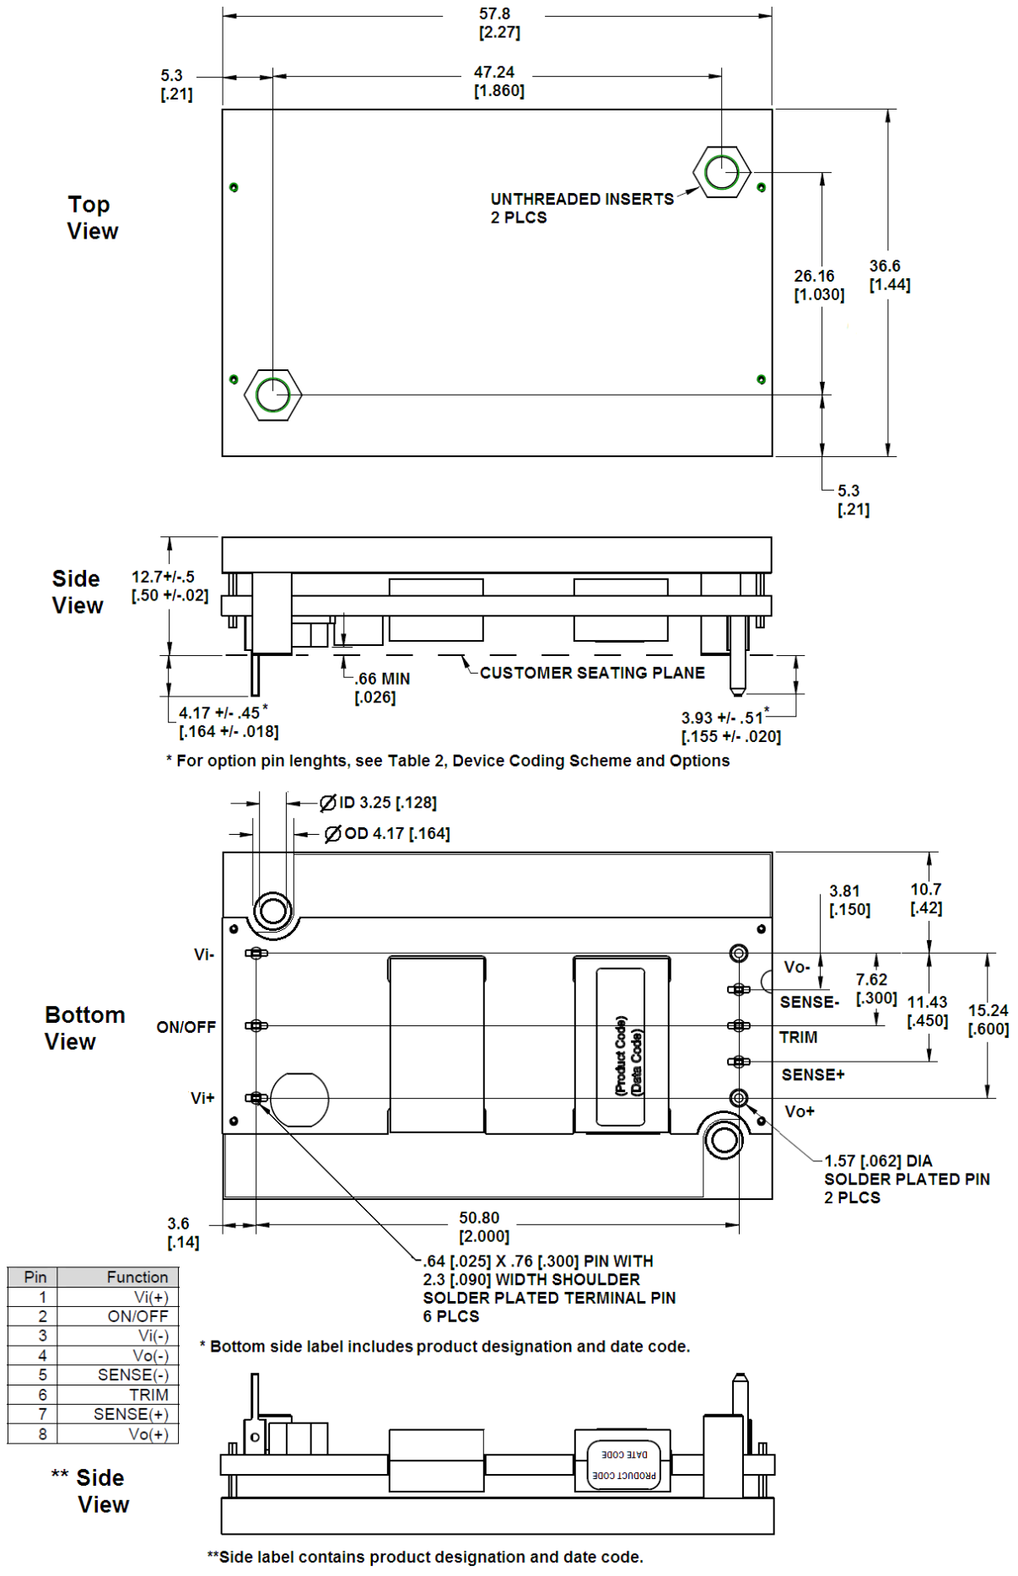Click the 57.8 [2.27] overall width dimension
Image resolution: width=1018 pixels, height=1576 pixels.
pos(498,23)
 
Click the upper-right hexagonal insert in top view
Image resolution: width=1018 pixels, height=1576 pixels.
pos(722,172)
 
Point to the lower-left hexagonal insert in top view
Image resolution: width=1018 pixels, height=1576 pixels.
pos(272,394)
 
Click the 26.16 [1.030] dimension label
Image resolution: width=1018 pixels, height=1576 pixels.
pos(817,285)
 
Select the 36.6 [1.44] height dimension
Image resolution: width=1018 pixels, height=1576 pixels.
pos(889,275)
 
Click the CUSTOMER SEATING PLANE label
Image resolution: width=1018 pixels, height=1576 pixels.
pos(591,672)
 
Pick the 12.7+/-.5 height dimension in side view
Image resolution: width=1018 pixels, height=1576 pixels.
pos(169,585)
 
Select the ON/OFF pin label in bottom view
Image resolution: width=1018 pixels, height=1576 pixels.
pos(186,1027)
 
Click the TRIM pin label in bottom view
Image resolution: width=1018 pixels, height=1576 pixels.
pos(798,1037)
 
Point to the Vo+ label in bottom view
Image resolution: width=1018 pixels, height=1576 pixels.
pos(799,1111)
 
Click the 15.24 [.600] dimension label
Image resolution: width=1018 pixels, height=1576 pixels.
pos(988,1019)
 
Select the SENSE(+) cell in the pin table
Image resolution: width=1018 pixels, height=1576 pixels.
pos(131,1414)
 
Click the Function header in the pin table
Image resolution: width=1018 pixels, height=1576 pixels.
pos(137,1277)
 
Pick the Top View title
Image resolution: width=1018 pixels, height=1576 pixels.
pos(91,218)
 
